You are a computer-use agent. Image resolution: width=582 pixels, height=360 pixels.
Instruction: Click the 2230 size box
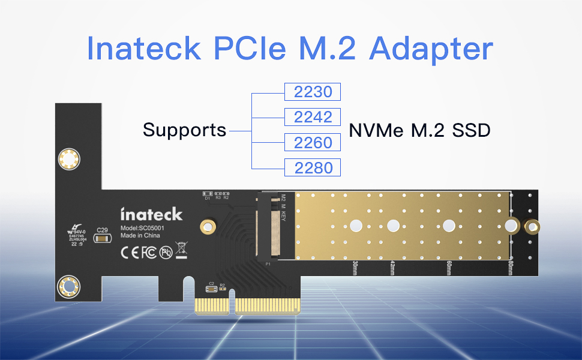312,92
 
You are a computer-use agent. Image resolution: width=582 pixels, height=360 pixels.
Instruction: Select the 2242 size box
312,117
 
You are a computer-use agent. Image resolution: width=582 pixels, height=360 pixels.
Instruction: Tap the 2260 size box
312,142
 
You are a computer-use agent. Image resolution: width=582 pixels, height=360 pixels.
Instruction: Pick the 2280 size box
312,167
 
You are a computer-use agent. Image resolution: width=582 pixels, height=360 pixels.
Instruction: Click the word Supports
185,130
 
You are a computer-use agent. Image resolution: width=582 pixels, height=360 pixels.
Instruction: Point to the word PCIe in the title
251,48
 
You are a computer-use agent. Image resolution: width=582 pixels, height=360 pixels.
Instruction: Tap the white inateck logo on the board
151,214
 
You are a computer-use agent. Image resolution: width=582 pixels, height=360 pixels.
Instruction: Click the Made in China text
140,236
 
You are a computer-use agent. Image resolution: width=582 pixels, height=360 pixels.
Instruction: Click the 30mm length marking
355,267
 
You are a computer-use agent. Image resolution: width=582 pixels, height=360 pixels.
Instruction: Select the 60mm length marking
448,267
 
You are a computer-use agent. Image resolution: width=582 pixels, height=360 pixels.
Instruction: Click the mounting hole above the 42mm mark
393,226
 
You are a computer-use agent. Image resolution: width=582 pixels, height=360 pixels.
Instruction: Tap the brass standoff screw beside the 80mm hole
531,227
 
